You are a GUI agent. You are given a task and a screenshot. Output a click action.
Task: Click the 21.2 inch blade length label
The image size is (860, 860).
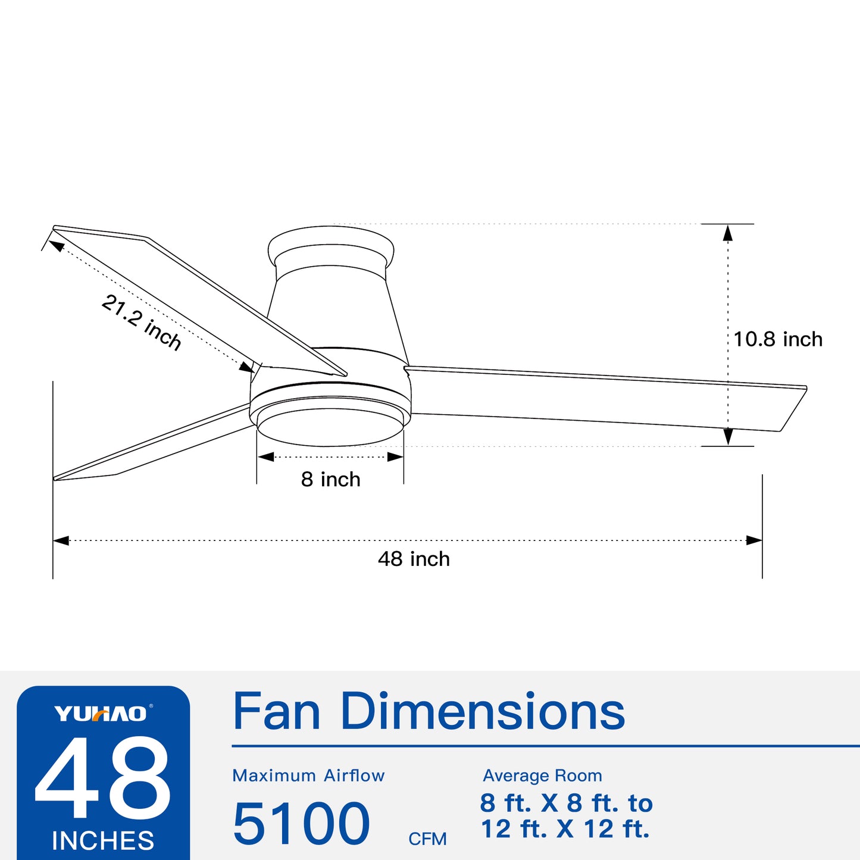(142, 322)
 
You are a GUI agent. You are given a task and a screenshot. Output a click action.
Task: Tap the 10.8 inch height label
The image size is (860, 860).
(777, 339)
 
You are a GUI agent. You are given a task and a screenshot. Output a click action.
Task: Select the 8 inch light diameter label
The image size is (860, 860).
(330, 479)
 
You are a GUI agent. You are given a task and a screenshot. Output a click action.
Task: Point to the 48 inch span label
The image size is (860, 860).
(414, 559)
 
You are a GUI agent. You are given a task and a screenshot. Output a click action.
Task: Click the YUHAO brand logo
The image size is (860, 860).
(101, 714)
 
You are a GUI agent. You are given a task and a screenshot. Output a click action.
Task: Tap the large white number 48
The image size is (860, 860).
(103, 778)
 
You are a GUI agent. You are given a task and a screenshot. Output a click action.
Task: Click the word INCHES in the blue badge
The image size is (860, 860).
(103, 841)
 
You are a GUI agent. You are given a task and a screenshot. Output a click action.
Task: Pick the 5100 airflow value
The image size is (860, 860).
(301, 824)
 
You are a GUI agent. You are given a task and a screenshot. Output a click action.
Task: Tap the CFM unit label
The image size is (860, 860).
(427, 839)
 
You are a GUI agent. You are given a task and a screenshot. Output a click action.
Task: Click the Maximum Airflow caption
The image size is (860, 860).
(308, 775)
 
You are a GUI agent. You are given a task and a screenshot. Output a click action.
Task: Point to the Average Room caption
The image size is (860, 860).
(542, 775)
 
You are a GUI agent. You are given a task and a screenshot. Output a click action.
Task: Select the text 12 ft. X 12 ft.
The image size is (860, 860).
(565, 829)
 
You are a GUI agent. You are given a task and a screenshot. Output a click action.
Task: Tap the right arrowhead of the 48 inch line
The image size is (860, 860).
(754, 540)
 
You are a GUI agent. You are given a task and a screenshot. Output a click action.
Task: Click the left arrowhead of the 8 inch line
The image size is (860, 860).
(265, 457)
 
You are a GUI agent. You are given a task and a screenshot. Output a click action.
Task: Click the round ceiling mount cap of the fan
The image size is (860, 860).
(331, 245)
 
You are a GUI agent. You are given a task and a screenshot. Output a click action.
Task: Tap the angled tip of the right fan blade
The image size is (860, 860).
(792, 409)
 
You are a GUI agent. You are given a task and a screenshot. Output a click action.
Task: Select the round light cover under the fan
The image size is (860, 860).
(330, 427)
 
